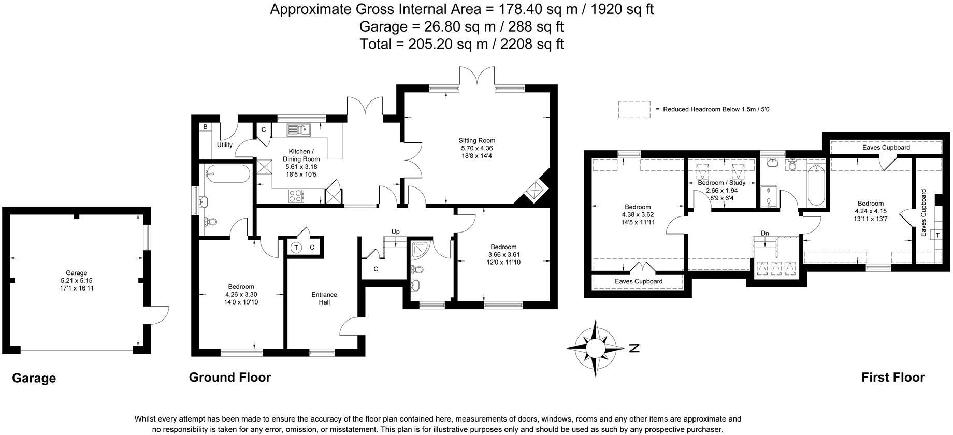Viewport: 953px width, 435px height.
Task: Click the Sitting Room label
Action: [x=476, y=140]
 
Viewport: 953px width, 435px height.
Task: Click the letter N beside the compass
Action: [x=634, y=348]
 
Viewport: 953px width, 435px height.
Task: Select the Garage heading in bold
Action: [x=34, y=378]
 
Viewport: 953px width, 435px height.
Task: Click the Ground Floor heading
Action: [x=229, y=377]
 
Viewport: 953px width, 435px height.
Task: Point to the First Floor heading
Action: [x=892, y=377]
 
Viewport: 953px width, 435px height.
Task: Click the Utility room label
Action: [x=224, y=145]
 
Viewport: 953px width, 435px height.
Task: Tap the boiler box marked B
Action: [x=205, y=127]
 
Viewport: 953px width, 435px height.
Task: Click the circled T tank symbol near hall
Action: [x=297, y=248]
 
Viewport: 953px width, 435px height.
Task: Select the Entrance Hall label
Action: [x=324, y=298]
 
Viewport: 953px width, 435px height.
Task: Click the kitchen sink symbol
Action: [x=299, y=129]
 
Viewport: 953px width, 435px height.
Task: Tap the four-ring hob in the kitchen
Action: [x=296, y=195]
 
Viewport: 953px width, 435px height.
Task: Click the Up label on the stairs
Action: [x=395, y=231]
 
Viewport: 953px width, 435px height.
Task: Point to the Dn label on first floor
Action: [x=764, y=233]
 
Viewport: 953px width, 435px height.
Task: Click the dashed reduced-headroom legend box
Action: [x=633, y=109]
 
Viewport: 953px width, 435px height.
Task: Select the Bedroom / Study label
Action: [x=721, y=183]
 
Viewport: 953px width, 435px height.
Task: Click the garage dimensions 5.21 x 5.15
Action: [x=76, y=280]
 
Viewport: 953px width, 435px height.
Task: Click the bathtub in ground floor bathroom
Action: [x=227, y=174]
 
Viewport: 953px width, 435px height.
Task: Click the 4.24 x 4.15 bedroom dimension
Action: [x=870, y=211]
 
